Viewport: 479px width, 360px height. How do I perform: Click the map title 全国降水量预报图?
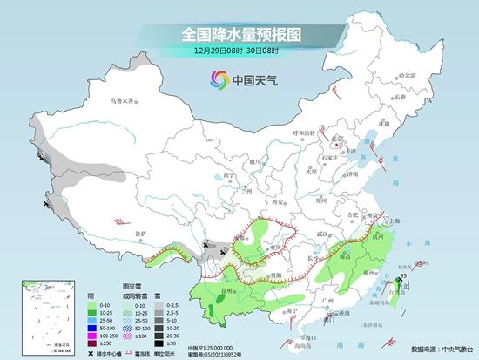pyautogui.click(x=240, y=35)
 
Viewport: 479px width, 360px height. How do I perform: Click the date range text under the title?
pyautogui.click(x=240, y=51)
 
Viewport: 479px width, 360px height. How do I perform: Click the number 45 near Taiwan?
pyautogui.click(x=402, y=276)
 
